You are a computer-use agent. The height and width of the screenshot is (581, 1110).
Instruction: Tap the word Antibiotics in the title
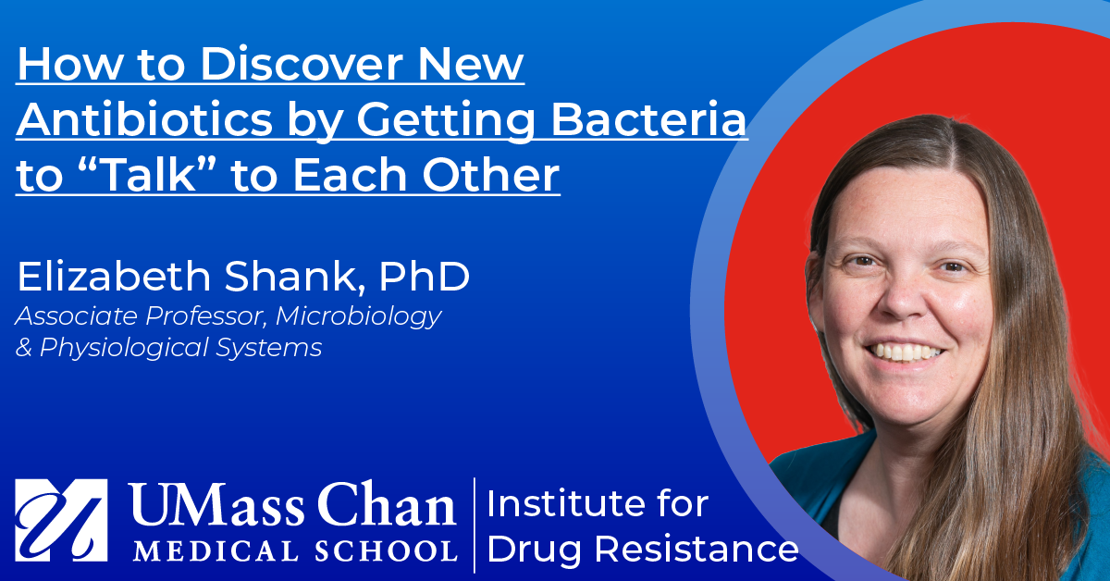tap(144, 119)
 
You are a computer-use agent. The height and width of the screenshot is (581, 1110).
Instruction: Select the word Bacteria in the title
tap(648, 119)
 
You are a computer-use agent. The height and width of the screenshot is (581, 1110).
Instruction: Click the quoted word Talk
tap(148, 175)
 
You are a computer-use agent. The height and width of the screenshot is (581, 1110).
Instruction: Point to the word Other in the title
tap(490, 175)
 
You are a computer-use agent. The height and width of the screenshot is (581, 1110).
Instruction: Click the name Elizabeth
tap(115, 277)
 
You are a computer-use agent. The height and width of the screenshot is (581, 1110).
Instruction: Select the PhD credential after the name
tap(425, 277)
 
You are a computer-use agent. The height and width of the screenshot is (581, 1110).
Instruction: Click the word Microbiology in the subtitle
tap(358, 316)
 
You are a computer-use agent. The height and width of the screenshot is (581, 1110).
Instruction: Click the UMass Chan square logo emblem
tap(61, 520)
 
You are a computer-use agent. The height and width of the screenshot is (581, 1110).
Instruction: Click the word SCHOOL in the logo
tap(386, 550)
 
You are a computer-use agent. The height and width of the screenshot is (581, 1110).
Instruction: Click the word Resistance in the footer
tap(697, 550)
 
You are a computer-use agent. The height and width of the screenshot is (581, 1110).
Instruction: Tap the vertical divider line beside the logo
tap(475, 525)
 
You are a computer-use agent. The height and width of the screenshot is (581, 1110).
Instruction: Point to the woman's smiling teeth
tap(906, 352)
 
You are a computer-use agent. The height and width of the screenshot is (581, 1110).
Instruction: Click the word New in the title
tap(471, 64)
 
